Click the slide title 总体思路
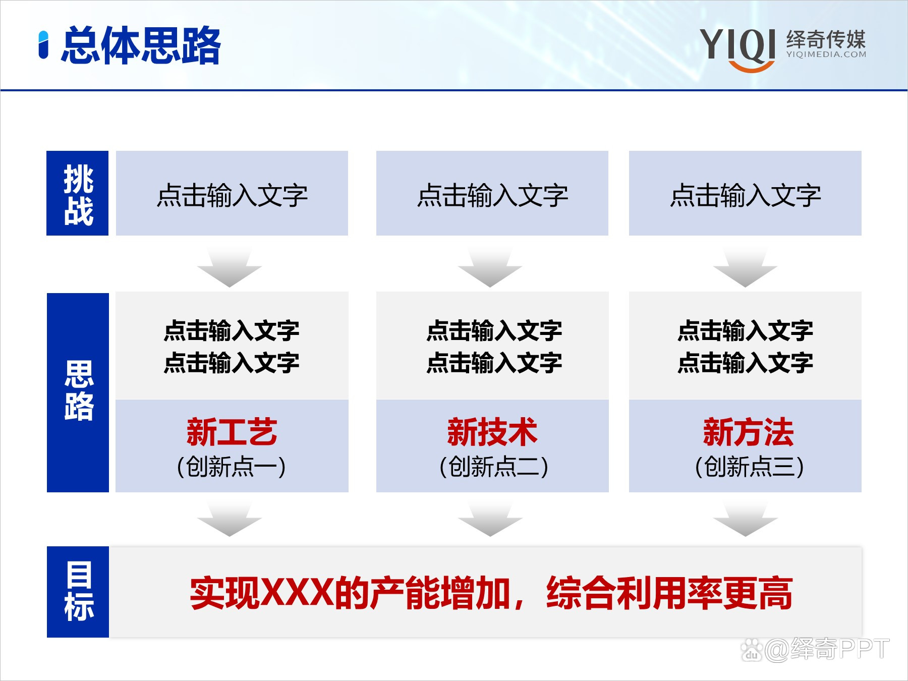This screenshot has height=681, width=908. tap(141, 45)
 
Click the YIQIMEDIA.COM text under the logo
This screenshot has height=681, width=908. tap(826, 54)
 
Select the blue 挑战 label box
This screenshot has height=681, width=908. tap(78, 193)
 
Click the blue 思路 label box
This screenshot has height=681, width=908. tap(78, 392)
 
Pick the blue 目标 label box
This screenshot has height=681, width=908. tap(78, 592)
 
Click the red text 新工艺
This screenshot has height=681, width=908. tap(232, 432)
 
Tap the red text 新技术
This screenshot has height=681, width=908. tap(492, 432)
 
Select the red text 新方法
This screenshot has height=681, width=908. tap(748, 432)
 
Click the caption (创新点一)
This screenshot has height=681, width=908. tap(232, 467)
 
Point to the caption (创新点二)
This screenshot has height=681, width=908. tap(493, 467)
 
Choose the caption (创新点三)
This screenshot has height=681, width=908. tap(749, 467)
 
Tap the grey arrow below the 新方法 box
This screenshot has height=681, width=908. tap(745, 520)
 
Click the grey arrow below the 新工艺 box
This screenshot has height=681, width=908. tap(230, 520)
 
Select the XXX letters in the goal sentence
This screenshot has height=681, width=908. tap(298, 593)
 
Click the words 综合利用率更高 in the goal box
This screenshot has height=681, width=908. tap(669, 593)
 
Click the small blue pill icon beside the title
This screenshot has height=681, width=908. tap(44, 45)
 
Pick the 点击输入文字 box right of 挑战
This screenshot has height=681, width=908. tap(232, 193)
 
